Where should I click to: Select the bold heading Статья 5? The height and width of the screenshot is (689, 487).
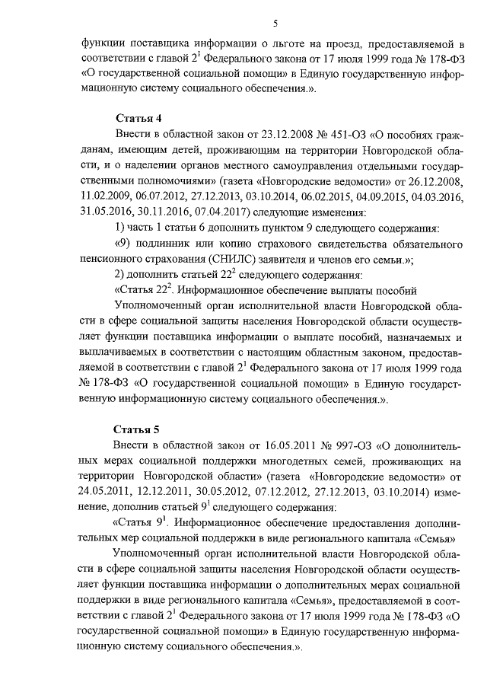(138, 429)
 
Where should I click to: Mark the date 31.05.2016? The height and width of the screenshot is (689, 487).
(105, 212)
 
